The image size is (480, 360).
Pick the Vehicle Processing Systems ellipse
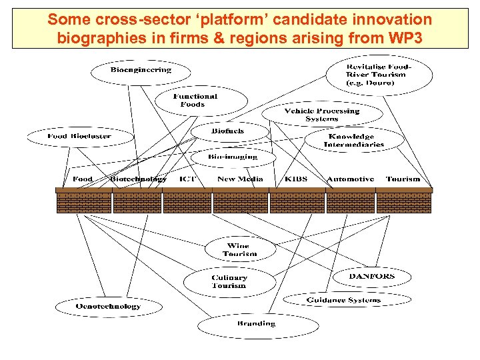point(322,115)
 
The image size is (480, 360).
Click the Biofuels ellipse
point(228,131)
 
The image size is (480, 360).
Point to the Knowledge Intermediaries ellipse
point(353,140)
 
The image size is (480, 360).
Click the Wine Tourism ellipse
point(240,250)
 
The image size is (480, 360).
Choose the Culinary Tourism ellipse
point(229,282)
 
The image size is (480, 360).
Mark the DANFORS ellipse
point(372,276)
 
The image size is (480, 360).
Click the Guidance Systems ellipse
point(343,300)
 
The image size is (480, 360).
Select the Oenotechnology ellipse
point(98,307)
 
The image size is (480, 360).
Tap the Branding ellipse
point(256,324)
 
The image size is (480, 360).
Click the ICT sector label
point(187,179)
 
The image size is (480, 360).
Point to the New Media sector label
point(240,179)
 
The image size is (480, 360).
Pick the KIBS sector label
point(297,179)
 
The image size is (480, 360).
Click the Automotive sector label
point(350,179)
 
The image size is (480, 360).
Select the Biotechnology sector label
point(138,179)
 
